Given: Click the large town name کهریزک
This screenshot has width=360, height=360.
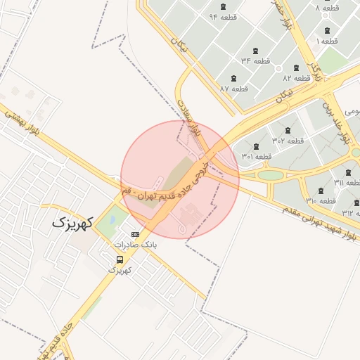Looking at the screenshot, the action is (x=72, y=224).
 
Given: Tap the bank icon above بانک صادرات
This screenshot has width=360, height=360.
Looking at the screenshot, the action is (x=135, y=234).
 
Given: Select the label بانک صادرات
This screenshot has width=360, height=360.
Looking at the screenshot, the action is (x=135, y=245).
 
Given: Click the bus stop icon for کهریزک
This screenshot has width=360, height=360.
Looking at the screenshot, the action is (x=120, y=259).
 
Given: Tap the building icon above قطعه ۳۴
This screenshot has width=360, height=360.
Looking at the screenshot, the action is (x=255, y=51).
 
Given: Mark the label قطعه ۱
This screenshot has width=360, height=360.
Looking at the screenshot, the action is (x=327, y=41).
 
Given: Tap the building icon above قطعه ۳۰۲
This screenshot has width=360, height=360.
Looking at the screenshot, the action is (x=288, y=130).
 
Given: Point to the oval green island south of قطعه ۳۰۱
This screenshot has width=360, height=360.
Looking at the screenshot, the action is (x=270, y=174).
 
